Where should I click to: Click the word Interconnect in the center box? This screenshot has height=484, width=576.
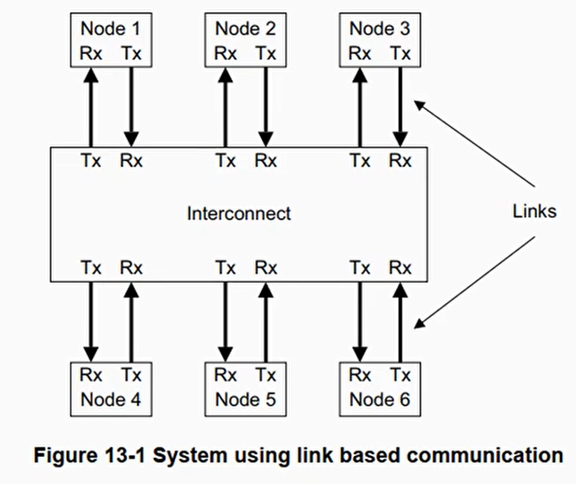coord(239,214)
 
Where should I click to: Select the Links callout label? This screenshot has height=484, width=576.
coord(533,212)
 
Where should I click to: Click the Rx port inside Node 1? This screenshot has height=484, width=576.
coord(91,53)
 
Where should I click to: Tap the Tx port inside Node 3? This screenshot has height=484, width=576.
coord(401,53)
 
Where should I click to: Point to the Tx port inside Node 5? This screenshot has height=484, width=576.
coord(267,376)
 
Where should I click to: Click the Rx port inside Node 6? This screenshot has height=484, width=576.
coord(360,376)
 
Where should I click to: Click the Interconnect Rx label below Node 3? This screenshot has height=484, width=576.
coord(401,160)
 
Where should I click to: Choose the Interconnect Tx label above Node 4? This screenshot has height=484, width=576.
coord(91,268)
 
